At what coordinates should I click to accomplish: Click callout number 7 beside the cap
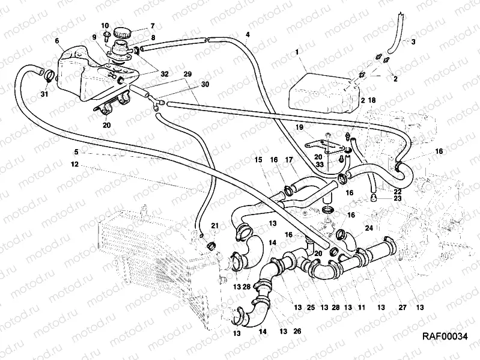[152, 26]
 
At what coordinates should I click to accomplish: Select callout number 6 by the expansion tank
[56, 41]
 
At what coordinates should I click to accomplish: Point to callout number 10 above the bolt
[105, 25]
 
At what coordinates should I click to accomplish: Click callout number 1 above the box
[296, 53]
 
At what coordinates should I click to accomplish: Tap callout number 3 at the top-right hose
[413, 41]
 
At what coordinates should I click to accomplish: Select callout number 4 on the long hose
[248, 34]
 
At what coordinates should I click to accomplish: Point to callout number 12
[74, 163]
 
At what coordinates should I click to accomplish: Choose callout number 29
[187, 74]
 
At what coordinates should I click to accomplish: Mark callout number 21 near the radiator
[215, 225]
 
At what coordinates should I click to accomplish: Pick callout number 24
[369, 228]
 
